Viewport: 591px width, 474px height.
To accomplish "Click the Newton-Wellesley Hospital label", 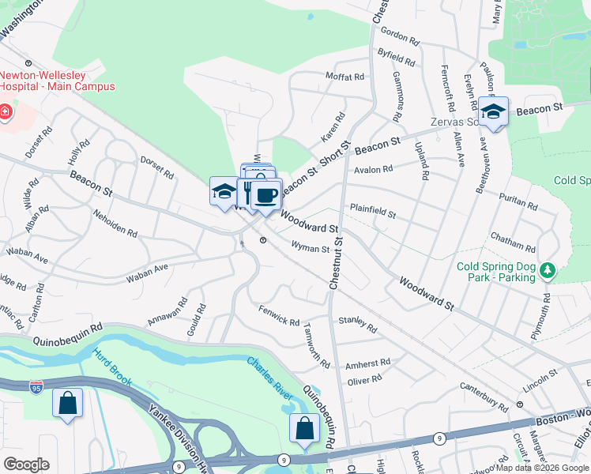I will click(x=57, y=81).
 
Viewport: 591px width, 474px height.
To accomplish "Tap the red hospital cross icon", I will click(x=5, y=112).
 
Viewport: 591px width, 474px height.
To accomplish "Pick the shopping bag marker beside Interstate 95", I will click(x=68, y=403).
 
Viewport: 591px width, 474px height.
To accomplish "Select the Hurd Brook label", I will click(x=108, y=367).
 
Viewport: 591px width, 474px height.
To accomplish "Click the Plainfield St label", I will click(x=373, y=209).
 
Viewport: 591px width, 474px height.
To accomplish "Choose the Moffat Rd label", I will click(x=344, y=77).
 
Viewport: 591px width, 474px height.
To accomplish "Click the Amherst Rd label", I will click(x=368, y=363).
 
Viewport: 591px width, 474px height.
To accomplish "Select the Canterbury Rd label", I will click(x=484, y=397).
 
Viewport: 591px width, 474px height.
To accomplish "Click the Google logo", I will click(x=26, y=465).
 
